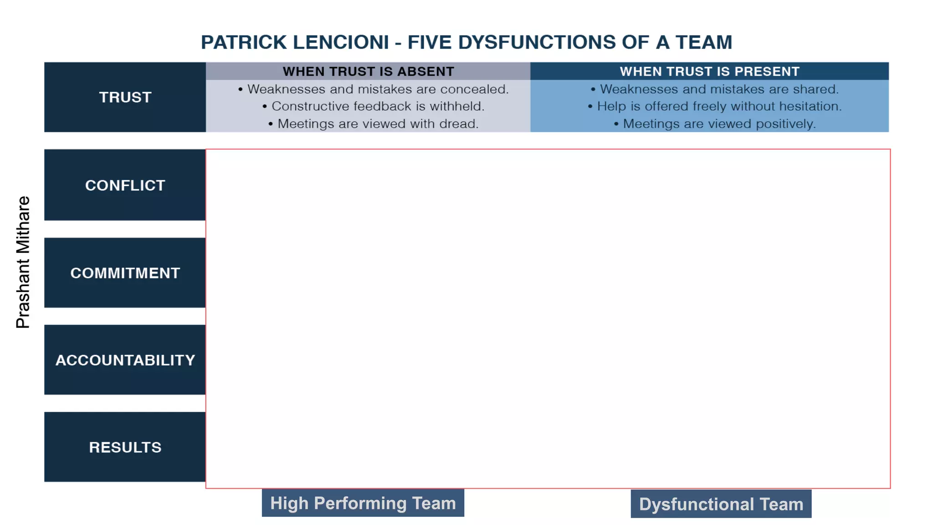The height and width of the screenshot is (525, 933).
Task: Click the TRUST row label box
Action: pos(125,97)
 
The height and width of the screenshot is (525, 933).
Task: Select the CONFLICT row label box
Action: pos(125,185)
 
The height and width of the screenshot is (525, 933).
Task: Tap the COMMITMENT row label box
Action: pos(125,273)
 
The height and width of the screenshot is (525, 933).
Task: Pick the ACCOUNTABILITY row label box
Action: pos(125,360)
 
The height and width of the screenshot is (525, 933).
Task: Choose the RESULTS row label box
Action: pos(125,447)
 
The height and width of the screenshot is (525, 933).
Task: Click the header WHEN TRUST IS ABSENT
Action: pos(368,72)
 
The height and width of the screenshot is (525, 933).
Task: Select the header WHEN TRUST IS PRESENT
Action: pos(709,72)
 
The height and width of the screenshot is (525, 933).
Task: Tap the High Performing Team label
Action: pos(363,503)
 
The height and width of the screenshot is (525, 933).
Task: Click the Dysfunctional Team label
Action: pos(721,504)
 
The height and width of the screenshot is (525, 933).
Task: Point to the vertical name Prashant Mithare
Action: pos(23,262)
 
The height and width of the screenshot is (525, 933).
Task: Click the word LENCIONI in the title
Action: pos(341,42)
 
